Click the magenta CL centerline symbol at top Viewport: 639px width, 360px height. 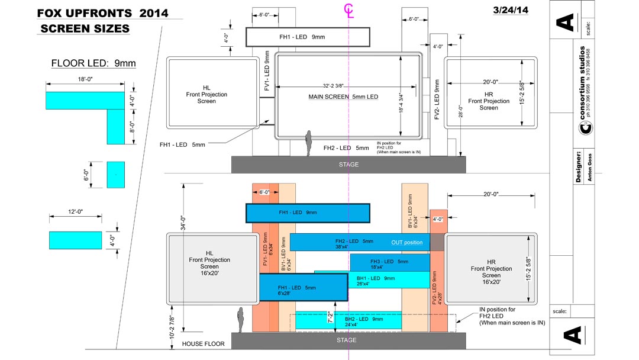350,11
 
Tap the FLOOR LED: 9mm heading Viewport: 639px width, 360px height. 93,63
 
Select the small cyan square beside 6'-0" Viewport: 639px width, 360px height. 116,174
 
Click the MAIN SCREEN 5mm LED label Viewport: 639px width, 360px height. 343,97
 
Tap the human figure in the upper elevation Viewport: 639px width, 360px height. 308,143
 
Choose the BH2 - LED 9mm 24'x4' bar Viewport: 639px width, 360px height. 349,322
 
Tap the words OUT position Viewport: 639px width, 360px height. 406,243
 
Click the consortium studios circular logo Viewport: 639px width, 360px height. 583,128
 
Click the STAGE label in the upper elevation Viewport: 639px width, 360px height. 348,165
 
